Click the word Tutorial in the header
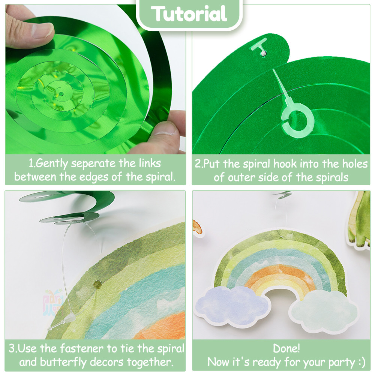click(189, 14)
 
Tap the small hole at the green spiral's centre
click(61, 94)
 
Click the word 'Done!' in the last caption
click(286, 349)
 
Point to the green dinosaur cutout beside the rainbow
click(359, 220)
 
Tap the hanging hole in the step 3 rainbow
click(97, 284)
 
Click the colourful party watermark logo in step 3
click(53, 302)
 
